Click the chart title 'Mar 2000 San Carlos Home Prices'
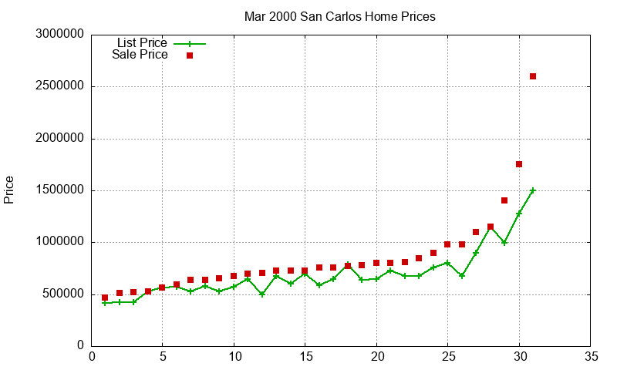click(x=339, y=16)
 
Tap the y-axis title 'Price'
click(x=9, y=190)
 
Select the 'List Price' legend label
click(x=142, y=43)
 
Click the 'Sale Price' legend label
click(x=140, y=55)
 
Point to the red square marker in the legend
click(x=190, y=55)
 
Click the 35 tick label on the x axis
click(x=591, y=357)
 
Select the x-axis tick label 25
click(x=447, y=357)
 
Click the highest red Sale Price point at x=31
click(x=533, y=76)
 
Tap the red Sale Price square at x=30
click(x=519, y=164)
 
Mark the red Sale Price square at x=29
click(x=504, y=200)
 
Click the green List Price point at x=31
click(x=533, y=190)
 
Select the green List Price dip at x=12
click(x=262, y=294)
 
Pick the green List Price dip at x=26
click(x=462, y=275)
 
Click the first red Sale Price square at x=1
click(x=105, y=298)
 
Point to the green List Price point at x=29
click(x=504, y=242)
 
